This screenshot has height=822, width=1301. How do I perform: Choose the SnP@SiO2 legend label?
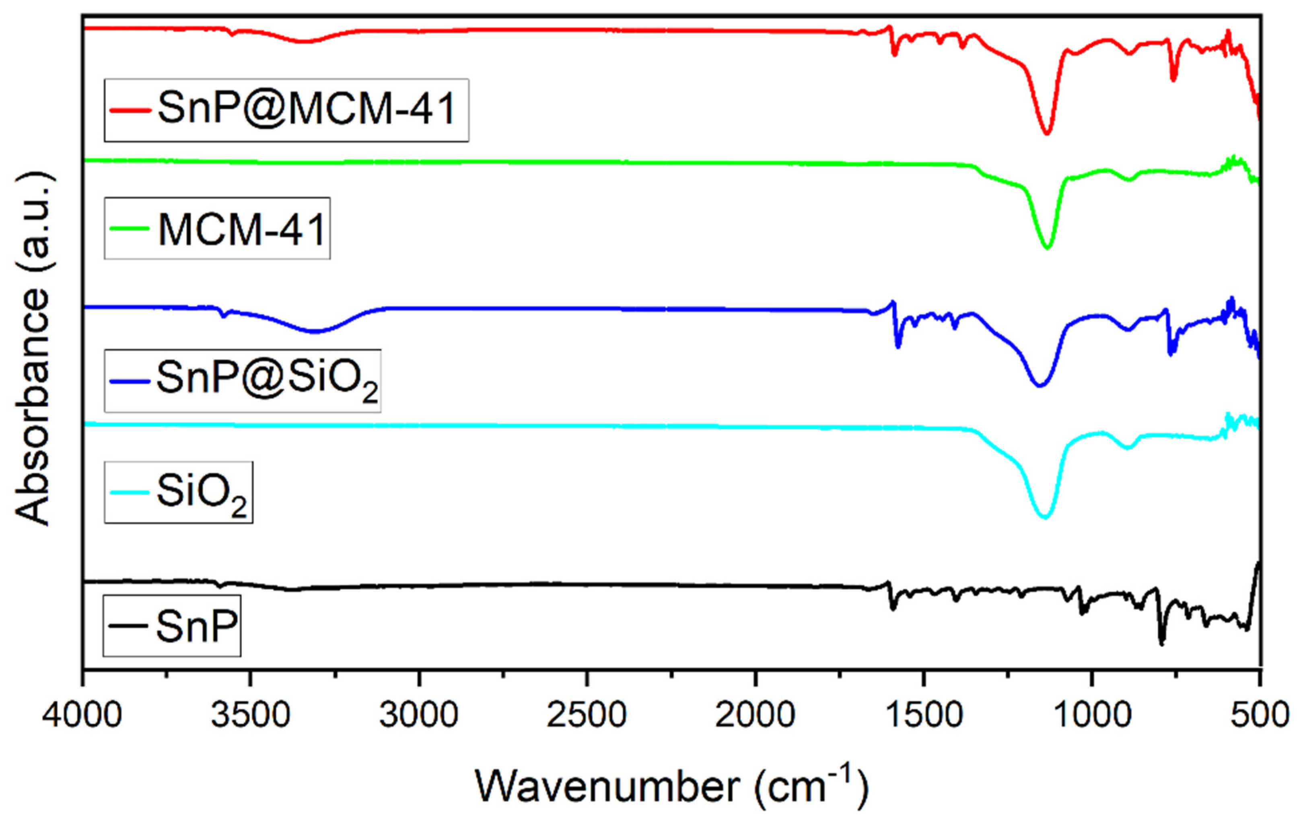pos(268,380)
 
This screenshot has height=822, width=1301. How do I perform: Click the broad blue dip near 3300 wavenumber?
pos(313,331)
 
